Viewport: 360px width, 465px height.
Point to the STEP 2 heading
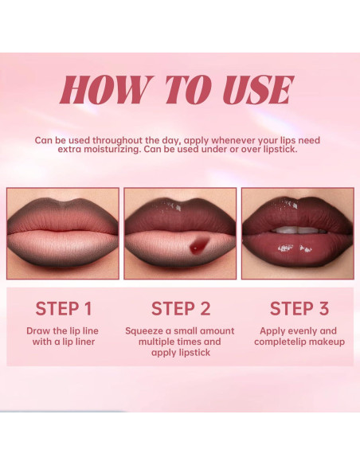(x=180, y=309)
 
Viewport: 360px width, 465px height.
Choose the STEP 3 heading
(x=299, y=309)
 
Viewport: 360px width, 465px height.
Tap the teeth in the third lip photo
(x=298, y=229)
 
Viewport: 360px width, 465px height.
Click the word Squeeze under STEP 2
(x=147, y=330)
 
